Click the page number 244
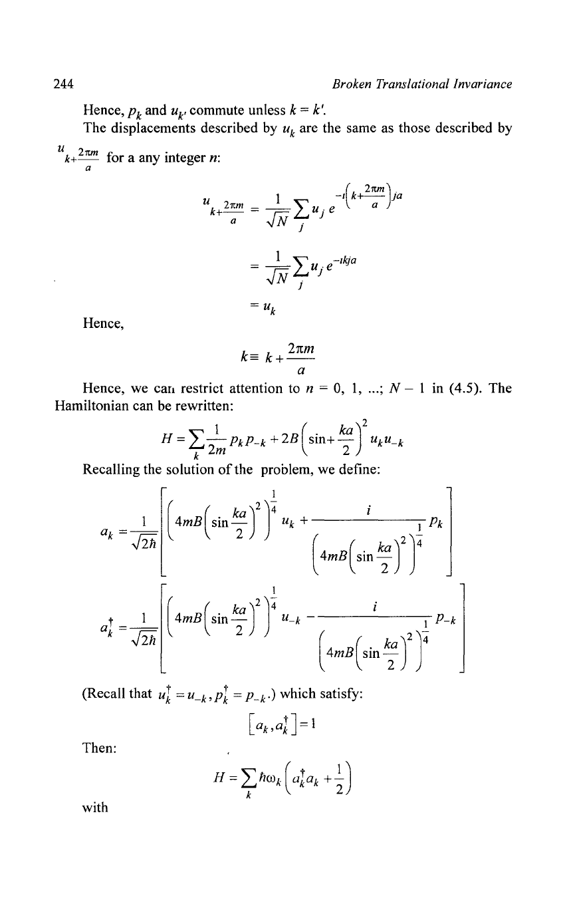64,84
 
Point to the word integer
185,158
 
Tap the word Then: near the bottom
99,748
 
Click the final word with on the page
95,808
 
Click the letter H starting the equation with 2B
167,438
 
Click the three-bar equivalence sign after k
256,358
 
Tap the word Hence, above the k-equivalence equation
103,324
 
